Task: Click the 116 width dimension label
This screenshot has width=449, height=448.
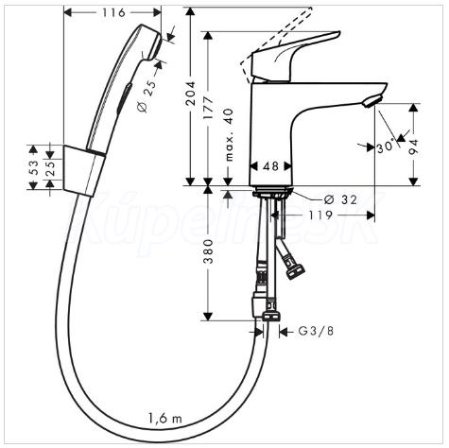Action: [113, 12]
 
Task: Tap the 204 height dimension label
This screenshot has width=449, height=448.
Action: [191, 94]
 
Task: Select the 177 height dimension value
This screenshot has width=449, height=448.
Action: [208, 109]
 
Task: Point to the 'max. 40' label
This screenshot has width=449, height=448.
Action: [230, 134]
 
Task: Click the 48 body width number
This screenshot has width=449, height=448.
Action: [270, 166]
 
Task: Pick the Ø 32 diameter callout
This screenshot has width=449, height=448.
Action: [340, 199]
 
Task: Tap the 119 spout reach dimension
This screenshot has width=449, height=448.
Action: [320, 215]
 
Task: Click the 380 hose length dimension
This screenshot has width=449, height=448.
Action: [208, 251]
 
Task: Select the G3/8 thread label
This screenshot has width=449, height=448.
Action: [316, 331]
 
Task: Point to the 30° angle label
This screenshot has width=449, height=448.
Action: [386, 146]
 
